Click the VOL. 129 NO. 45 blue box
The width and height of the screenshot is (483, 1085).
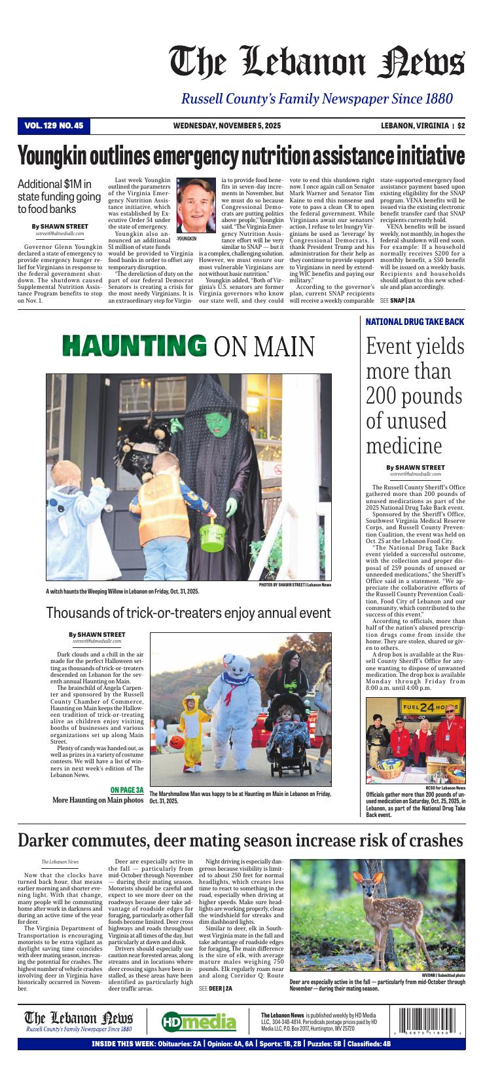click(54, 126)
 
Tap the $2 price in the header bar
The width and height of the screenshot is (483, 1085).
click(461, 126)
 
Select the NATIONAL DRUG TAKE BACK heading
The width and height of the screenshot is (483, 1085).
click(414, 322)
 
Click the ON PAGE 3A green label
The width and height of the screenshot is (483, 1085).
click(127, 790)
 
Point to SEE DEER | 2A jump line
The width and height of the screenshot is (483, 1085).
click(215, 989)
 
